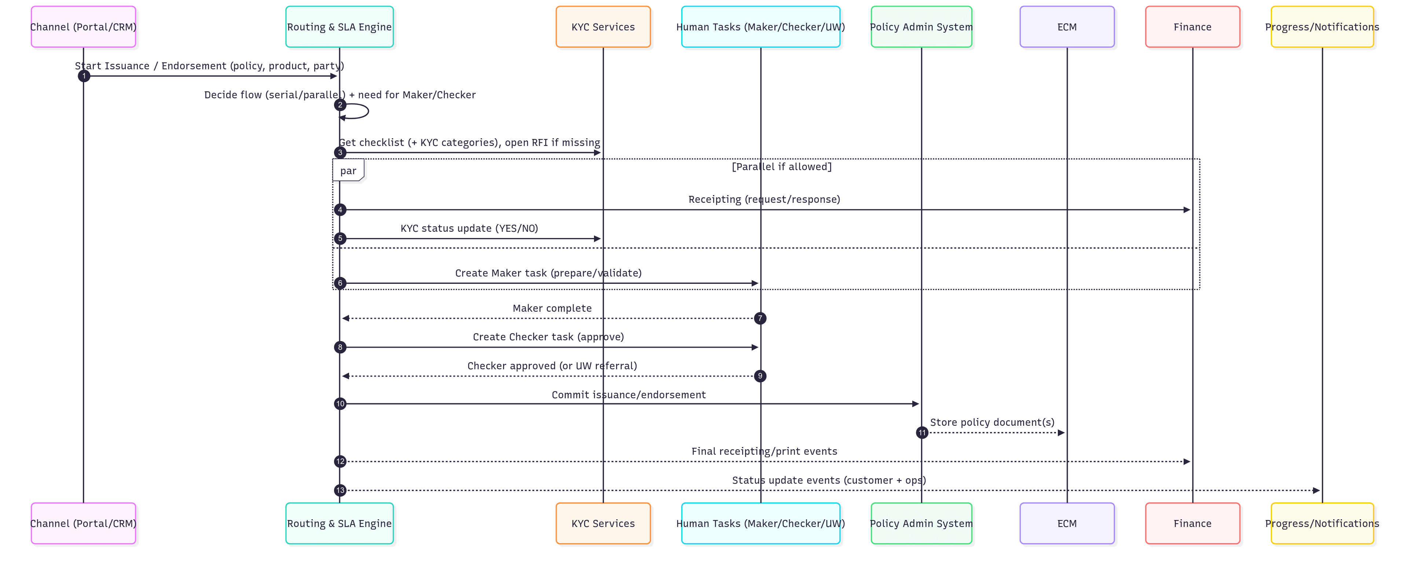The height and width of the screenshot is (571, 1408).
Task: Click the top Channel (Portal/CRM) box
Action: [83, 27]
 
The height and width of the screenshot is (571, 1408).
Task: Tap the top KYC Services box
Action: [603, 27]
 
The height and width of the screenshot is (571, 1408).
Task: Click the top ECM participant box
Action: [1066, 27]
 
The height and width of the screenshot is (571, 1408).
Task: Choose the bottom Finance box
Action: [1192, 523]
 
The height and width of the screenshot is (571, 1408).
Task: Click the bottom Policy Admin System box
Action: [921, 523]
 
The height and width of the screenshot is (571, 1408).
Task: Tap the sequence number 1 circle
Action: [84, 76]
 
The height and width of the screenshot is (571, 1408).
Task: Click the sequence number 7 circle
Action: [760, 318]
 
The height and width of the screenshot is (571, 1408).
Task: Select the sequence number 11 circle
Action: [922, 433]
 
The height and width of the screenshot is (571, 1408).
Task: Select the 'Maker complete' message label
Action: [552, 308]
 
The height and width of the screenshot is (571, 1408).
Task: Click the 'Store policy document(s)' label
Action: [992, 422]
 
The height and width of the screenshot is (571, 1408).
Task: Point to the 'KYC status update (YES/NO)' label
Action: [469, 228]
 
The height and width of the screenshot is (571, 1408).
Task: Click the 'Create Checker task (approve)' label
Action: [548, 337]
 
